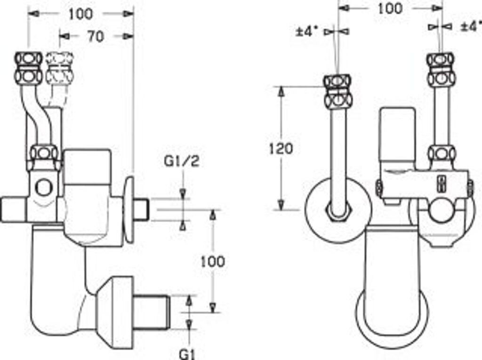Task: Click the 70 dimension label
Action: (x=96, y=37)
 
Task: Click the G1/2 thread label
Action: (x=182, y=161)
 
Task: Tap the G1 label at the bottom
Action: (x=187, y=354)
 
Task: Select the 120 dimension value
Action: (x=281, y=149)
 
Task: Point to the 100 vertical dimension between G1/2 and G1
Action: (x=213, y=262)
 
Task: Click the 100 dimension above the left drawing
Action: (x=80, y=14)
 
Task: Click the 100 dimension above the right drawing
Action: (x=389, y=8)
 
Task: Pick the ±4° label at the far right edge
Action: (x=471, y=26)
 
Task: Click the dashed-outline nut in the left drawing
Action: (x=60, y=68)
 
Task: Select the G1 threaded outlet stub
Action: (x=152, y=312)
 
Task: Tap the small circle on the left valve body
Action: (x=44, y=188)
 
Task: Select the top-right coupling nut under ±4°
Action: (x=441, y=69)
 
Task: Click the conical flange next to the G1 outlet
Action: (x=116, y=312)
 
